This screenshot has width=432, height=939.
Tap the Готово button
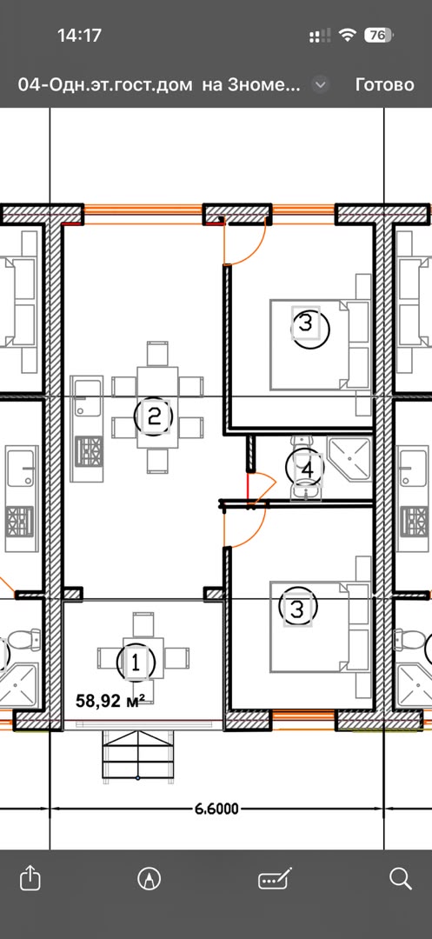[x=384, y=84]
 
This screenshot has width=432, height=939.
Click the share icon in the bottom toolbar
[x=30, y=878]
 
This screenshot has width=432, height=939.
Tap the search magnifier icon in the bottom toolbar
[x=401, y=878]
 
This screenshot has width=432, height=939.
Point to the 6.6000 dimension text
[x=216, y=809]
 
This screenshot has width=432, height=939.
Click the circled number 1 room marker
[x=136, y=663]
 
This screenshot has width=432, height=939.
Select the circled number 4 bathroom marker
[x=306, y=469]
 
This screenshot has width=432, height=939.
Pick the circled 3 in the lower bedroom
[x=298, y=609]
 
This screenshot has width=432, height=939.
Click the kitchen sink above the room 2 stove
[x=87, y=397]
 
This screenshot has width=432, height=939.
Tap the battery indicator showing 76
[x=378, y=36]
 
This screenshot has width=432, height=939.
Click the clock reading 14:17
[x=80, y=36]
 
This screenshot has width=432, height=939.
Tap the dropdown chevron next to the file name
[x=321, y=84]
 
